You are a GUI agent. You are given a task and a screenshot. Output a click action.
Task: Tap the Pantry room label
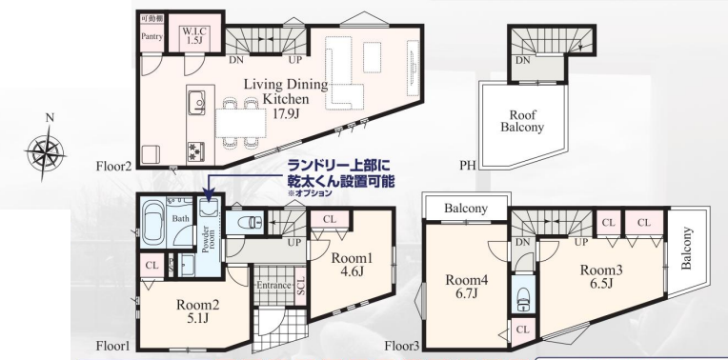point(152,36)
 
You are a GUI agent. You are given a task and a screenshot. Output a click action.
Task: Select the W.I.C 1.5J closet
point(195,35)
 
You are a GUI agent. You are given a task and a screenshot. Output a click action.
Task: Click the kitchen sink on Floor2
point(197,102)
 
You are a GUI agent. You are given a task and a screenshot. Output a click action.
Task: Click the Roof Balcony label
point(522,121)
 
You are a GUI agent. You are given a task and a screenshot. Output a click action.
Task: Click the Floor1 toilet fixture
point(250,223)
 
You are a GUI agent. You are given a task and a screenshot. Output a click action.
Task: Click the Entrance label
point(273,286)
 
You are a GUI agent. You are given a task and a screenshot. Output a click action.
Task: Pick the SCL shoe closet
point(300,287)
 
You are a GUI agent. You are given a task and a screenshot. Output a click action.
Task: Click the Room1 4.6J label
point(346,264)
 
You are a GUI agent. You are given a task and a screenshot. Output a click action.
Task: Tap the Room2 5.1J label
point(198,311)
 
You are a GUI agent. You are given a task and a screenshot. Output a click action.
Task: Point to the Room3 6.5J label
point(601,275)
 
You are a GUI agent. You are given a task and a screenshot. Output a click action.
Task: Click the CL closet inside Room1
point(329,220)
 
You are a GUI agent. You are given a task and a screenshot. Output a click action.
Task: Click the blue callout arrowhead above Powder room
point(208,196)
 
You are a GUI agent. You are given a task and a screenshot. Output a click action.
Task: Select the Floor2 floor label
point(114,166)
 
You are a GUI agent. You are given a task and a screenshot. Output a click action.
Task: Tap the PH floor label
point(468,165)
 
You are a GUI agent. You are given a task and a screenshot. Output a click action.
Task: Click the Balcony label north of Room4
point(466,209)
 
